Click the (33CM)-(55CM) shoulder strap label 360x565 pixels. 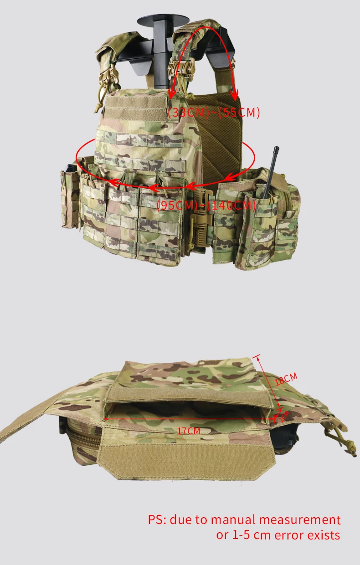214,113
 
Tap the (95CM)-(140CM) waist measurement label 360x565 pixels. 206,205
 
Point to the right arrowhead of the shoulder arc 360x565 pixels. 235,96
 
